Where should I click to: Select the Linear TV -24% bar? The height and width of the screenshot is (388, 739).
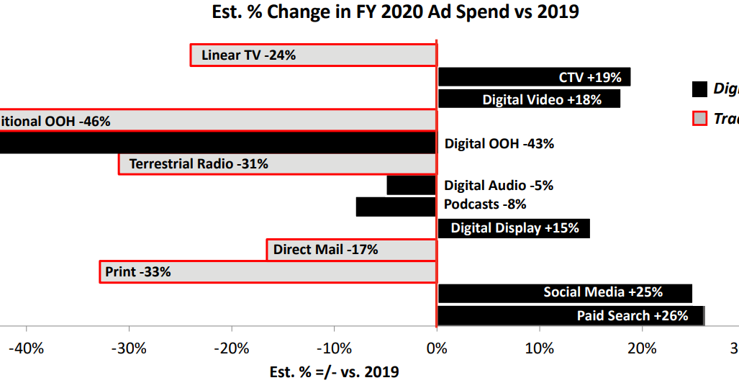pyautogui.click(x=313, y=55)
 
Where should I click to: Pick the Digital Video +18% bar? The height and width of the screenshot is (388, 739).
pyautogui.click(x=529, y=99)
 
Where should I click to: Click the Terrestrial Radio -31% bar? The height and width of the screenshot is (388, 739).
pyautogui.click(x=277, y=164)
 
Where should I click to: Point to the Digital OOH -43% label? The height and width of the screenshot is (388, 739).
pyautogui.click(x=499, y=143)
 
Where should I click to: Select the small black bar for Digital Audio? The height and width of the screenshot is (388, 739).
pyautogui.click(x=411, y=186)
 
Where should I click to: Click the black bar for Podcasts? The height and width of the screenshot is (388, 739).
pyautogui.click(x=396, y=207)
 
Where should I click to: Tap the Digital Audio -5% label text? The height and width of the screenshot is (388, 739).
pyautogui.click(x=498, y=186)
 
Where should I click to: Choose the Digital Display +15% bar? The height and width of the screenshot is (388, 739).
pyautogui.click(x=514, y=229)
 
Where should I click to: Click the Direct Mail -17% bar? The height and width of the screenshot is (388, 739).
pyautogui.click(x=351, y=251)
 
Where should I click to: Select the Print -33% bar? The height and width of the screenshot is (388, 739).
pyautogui.click(x=268, y=272)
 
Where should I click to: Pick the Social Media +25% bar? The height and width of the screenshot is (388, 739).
pyautogui.click(x=565, y=293)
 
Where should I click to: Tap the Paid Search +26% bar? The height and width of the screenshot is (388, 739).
pyautogui.click(x=570, y=315)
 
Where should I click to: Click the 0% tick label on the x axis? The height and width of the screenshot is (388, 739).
pyautogui.click(x=436, y=349)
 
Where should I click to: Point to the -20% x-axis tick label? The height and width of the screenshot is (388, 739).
pyautogui.click(x=232, y=349)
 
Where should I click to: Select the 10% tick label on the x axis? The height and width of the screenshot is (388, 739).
pyautogui.click(x=539, y=349)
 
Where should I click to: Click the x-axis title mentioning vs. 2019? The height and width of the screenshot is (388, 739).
pyautogui.click(x=334, y=372)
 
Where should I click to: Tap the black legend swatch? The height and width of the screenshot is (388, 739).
pyautogui.click(x=699, y=89)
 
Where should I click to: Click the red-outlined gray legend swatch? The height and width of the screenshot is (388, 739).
pyautogui.click(x=699, y=119)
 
